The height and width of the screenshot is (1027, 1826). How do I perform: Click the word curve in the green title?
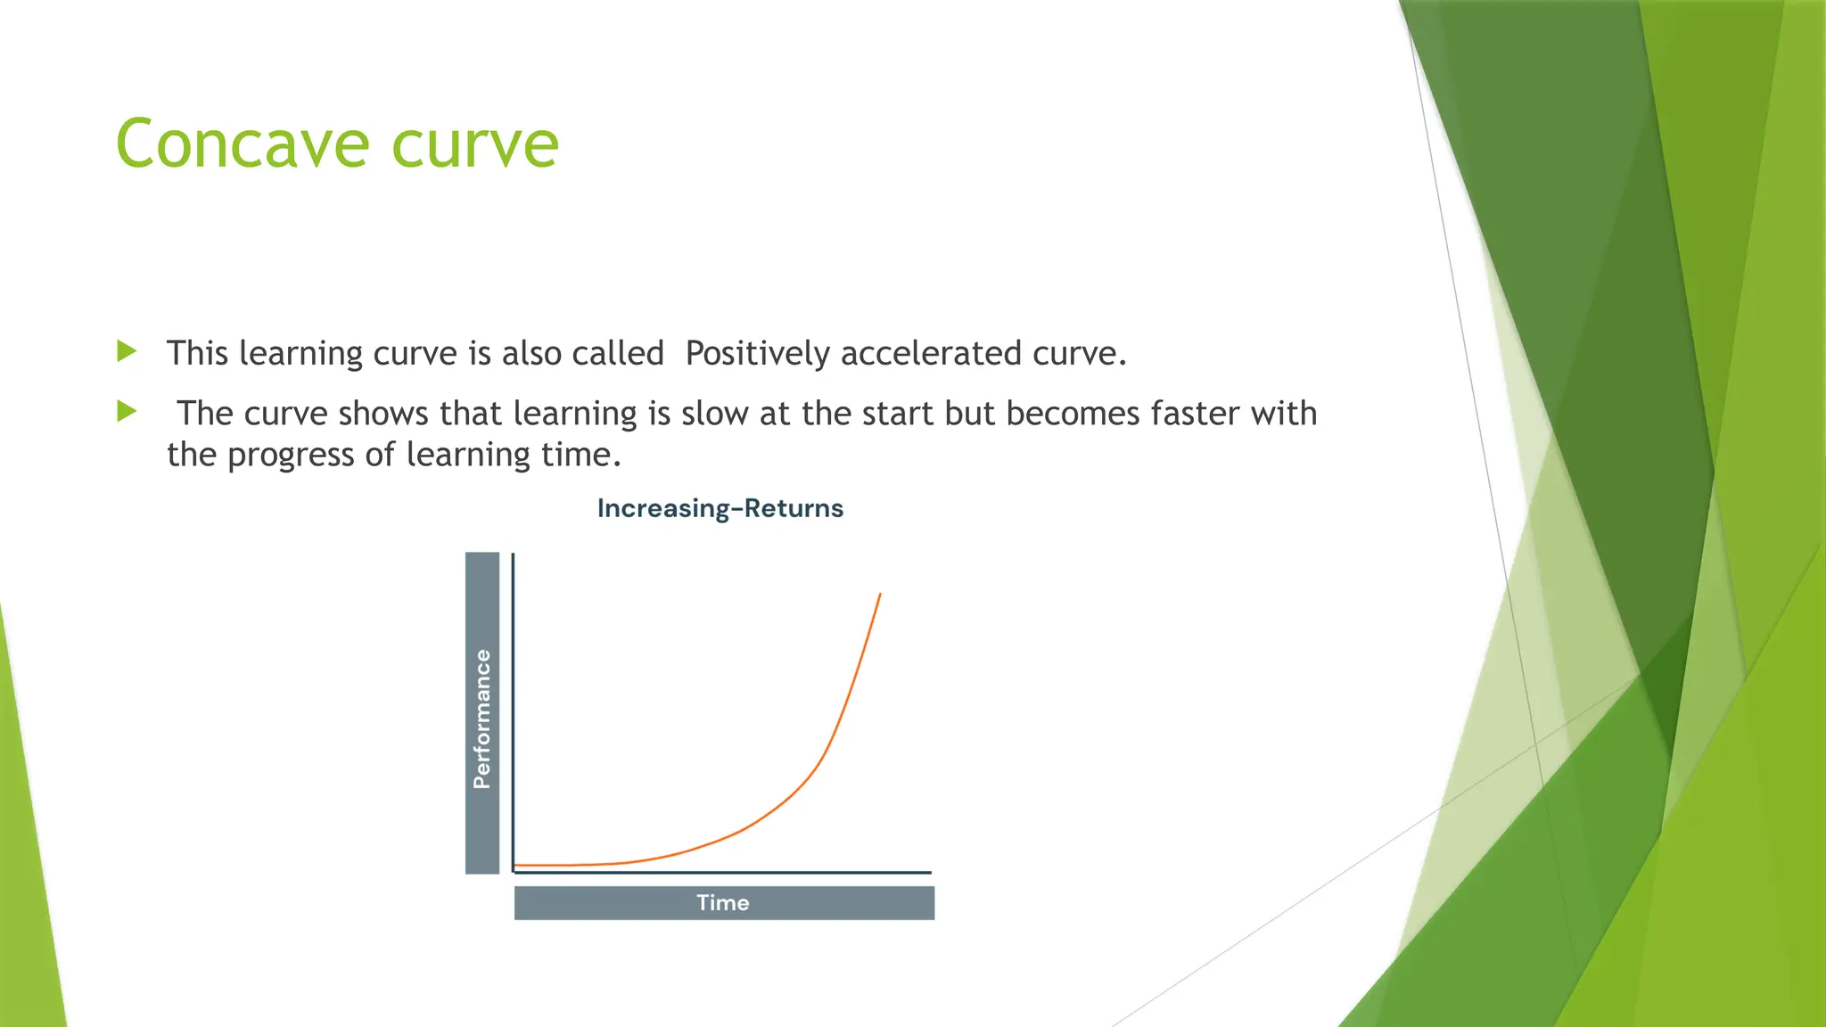pos(475,145)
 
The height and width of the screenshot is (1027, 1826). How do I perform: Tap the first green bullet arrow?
pos(127,351)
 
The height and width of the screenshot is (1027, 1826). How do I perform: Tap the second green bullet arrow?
pos(127,411)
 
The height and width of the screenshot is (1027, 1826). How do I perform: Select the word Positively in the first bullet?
pos(757,354)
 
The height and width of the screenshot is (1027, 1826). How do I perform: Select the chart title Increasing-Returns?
pos(720,508)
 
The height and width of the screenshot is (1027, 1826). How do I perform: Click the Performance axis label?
pos(482,719)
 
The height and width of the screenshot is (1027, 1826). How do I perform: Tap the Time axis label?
pos(723,903)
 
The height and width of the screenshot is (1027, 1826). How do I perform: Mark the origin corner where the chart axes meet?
pos(514,872)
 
